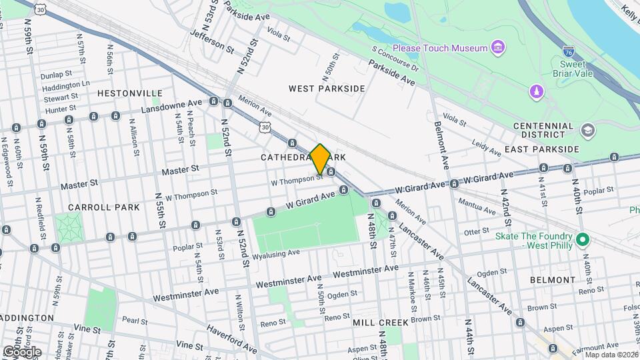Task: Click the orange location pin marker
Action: [321, 159]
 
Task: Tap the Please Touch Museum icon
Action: [497, 47]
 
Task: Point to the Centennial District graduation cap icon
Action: [587, 129]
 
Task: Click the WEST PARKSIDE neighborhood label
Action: [327, 88]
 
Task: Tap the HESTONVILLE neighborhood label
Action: [130, 93]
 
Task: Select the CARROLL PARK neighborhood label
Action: [113, 207]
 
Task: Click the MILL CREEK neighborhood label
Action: [379, 323]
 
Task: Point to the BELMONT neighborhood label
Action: [552, 280]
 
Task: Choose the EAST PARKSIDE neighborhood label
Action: [545, 149]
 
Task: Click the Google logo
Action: [22, 351]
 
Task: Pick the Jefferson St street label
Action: [212, 40]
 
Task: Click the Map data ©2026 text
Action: [611, 355]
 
